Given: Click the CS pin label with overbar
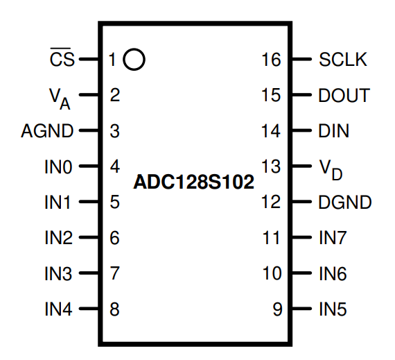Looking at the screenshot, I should point(62,60).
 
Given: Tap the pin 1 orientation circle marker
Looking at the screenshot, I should point(134,60).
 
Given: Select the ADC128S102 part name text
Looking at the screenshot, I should point(193,184).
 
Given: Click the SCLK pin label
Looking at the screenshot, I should point(343,60).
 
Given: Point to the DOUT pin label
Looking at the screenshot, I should point(344,96).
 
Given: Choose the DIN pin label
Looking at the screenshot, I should point(334,131).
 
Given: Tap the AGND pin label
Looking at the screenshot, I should point(46,131).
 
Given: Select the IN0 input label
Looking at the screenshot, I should point(59,166).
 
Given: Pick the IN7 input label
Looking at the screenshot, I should point(333,238).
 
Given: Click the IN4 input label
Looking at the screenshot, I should point(59,309).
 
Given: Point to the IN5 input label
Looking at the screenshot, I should point(333,309).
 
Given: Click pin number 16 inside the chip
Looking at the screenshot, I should point(272,60).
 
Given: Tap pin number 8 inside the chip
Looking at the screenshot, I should point(115,309).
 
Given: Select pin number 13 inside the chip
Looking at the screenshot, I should point(272,166).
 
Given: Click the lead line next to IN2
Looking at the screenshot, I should point(89,238).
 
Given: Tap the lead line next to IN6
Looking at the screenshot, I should point(301,273).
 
